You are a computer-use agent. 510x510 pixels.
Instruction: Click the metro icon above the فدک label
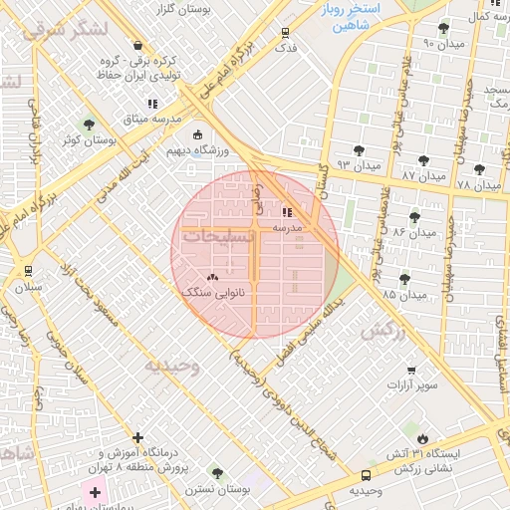(286, 31)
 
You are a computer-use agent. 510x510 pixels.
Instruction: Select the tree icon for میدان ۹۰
(443, 27)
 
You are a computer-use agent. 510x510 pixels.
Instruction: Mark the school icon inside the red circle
(287, 211)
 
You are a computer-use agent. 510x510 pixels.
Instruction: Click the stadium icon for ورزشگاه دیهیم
(197, 134)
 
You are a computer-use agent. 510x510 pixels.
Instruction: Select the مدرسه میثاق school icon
(151, 103)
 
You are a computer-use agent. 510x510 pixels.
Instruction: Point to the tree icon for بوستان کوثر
(90, 125)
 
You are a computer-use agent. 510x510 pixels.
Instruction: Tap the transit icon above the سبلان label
(27, 270)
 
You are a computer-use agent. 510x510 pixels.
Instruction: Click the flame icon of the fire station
(423, 437)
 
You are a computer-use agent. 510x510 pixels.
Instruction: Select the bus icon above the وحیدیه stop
(366, 476)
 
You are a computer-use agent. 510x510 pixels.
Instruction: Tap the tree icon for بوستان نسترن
(216, 473)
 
